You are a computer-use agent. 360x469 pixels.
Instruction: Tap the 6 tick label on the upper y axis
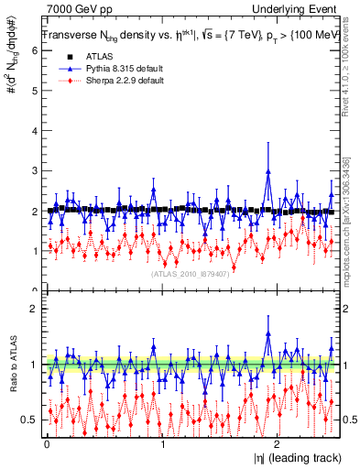pyautogui.click(x=34, y=51)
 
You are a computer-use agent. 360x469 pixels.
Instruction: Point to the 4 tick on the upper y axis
pyautogui.click(x=34, y=131)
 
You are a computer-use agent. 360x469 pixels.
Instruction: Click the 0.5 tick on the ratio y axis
pyautogui.click(x=30, y=420)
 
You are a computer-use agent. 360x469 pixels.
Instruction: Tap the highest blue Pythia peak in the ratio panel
pyautogui.click(x=267, y=333)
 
